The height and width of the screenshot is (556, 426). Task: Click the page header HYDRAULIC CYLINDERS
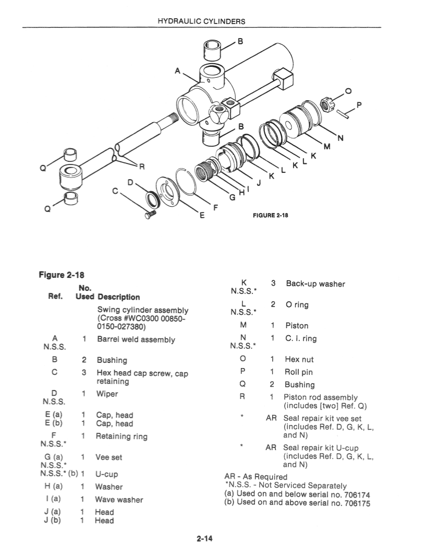point(201,21)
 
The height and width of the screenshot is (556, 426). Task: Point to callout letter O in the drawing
point(348,92)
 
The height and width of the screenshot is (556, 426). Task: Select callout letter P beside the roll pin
point(359,105)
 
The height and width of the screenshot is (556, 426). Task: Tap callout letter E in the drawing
point(202,215)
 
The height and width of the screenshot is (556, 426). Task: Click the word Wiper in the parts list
point(107,394)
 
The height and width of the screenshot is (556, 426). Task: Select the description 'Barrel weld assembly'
point(136,339)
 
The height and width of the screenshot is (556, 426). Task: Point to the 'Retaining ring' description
point(121,436)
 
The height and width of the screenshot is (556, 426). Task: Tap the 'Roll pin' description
point(299,372)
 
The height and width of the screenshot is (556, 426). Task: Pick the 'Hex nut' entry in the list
point(299,360)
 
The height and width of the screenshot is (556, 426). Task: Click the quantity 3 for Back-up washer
point(273,284)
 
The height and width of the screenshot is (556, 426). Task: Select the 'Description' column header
point(118,297)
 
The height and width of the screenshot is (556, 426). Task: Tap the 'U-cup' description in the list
point(106,474)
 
